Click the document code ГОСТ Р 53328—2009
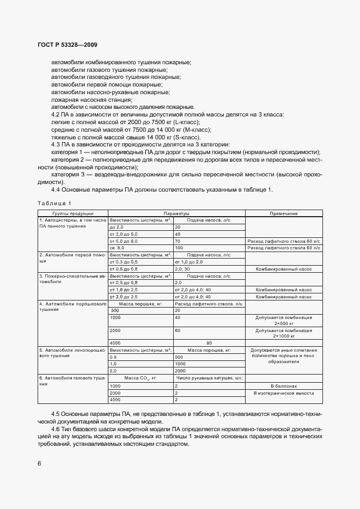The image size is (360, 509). click(68, 45)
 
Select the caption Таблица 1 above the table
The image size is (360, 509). click(54, 203)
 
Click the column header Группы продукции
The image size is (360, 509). click(72, 213)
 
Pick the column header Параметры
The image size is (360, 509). click(176, 213)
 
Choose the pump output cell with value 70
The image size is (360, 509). click(178, 240)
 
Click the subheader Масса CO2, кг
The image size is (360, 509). click(141, 377)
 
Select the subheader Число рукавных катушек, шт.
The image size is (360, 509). click(209, 377)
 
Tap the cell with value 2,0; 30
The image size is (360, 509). click(182, 268)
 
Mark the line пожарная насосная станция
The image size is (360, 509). click(91, 100)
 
